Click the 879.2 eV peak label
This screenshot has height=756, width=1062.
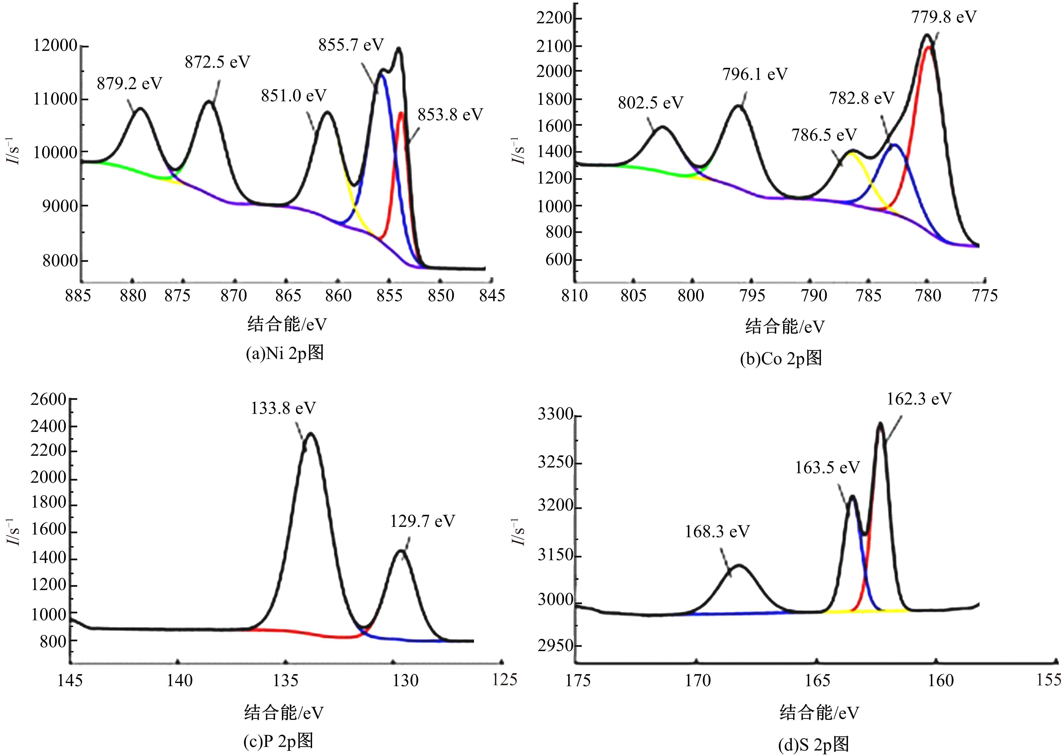129,84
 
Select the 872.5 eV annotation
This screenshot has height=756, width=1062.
217,62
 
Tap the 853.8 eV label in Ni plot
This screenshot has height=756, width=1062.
450,114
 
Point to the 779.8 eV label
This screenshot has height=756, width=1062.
943,17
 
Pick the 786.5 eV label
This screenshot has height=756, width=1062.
824,135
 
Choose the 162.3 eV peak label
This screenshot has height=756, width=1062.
919,399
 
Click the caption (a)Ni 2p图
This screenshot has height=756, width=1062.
285,354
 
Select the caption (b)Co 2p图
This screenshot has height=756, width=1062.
781,358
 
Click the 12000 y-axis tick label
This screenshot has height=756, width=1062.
55,46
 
